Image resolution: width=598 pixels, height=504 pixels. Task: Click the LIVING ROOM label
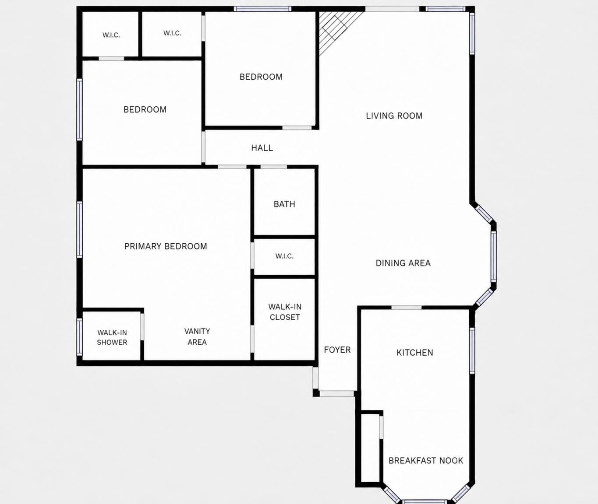click(394, 116)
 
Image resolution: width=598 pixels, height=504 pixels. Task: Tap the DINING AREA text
click(403, 263)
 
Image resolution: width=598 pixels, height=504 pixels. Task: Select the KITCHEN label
click(415, 353)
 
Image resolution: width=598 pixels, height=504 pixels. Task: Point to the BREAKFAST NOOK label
click(425, 461)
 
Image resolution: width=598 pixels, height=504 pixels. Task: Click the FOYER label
click(337, 350)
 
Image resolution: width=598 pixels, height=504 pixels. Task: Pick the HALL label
click(262, 148)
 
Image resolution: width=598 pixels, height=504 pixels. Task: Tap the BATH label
click(284, 204)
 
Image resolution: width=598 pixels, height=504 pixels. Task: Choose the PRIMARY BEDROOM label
click(166, 246)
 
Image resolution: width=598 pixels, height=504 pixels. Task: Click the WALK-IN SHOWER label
click(112, 337)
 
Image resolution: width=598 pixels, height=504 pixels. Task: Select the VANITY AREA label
click(197, 337)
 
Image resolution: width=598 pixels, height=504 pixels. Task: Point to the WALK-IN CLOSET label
click(285, 312)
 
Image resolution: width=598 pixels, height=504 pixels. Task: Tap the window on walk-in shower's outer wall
click(80, 337)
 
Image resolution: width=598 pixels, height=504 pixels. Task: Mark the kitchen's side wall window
click(472, 351)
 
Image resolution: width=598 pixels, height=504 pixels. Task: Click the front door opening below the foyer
click(337, 394)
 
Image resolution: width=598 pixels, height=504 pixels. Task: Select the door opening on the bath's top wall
click(274, 167)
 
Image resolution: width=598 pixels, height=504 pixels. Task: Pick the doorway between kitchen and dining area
click(407, 308)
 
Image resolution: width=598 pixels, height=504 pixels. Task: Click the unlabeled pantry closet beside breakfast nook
click(370, 448)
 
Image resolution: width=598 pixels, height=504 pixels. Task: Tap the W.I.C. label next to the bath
click(284, 256)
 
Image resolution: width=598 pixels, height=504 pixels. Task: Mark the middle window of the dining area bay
click(493, 256)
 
